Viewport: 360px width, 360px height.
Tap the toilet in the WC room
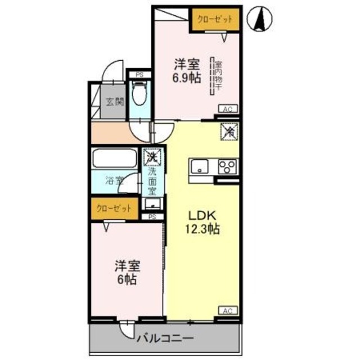pyautogui.click(x=139, y=94)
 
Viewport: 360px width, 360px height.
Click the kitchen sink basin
pyautogui.click(x=200, y=166)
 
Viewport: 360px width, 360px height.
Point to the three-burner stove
pyautogui.click(x=228, y=167)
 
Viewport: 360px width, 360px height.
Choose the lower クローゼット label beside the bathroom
pyautogui.click(x=115, y=208)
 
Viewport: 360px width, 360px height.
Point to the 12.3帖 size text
pyautogui.click(x=201, y=229)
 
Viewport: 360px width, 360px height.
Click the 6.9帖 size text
pyautogui.click(x=186, y=79)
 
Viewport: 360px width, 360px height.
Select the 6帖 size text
pyautogui.click(x=128, y=279)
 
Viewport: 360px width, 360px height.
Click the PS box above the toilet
pyautogui.click(x=138, y=74)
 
